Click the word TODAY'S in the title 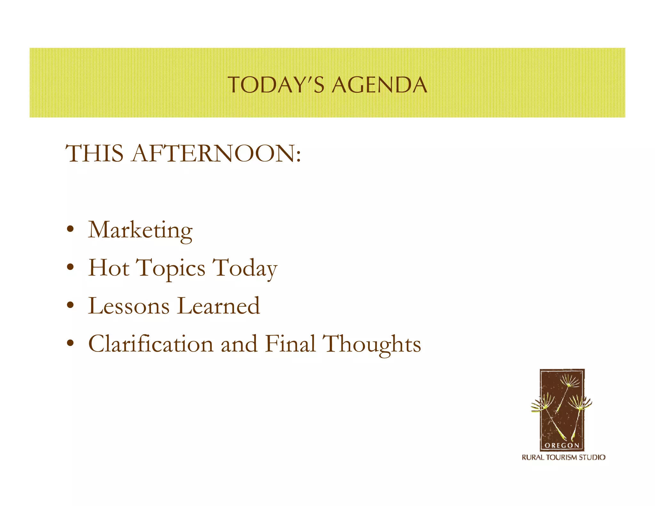tap(276, 85)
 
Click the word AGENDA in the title tap(379, 85)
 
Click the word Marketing tap(140, 230)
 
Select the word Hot tap(109, 268)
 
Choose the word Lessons tap(129, 306)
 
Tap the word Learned tap(218, 306)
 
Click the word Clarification tap(151, 344)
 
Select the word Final tap(290, 344)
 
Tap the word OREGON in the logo tap(562, 445)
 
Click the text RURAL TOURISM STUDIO tap(564, 457)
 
